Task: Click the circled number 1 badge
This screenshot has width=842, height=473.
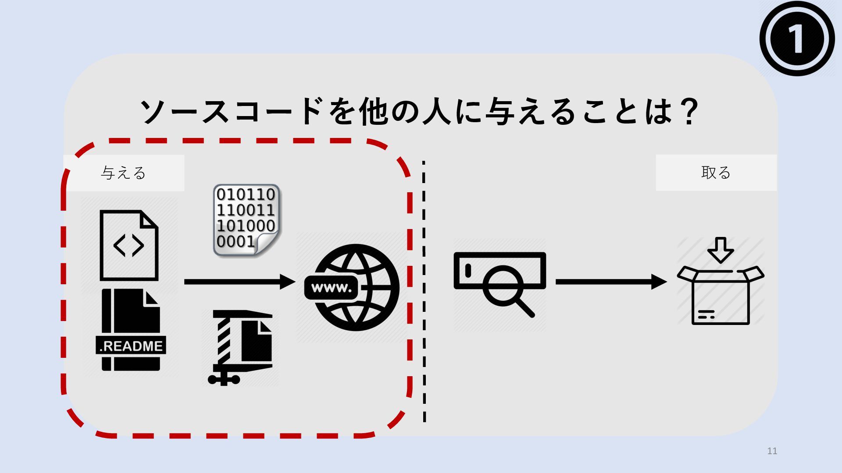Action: (797, 39)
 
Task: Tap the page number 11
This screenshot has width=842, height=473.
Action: (772, 451)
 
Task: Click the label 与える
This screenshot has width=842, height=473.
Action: (123, 173)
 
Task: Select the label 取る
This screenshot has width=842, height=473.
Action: (716, 173)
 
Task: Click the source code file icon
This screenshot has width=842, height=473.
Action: (128, 245)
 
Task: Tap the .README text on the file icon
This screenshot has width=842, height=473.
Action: (131, 346)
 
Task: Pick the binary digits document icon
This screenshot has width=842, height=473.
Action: (246, 220)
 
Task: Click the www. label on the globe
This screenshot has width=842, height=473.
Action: (332, 288)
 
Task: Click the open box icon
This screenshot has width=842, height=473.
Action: (720, 296)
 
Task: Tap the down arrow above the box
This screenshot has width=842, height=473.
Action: (720, 250)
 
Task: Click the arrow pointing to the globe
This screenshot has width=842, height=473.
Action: (239, 282)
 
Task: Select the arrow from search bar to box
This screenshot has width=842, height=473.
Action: (611, 282)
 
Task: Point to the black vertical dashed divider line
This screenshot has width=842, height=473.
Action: (424, 291)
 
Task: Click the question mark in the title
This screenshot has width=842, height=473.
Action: (687, 112)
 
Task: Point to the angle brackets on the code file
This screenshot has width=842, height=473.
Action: (128, 246)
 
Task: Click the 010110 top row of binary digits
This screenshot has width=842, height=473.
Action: (246, 194)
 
